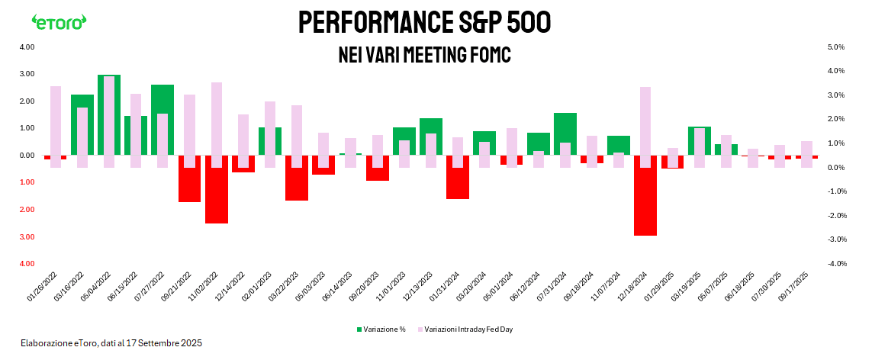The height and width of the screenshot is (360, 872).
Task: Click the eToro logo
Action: (59, 22)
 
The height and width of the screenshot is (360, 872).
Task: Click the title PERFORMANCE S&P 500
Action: (424, 23)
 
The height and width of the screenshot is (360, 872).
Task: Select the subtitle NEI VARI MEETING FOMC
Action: (424, 56)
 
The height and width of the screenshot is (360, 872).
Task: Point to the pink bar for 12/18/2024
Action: (645, 127)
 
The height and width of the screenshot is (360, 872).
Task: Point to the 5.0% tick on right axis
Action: (835, 47)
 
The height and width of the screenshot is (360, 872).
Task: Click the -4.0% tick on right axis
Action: (835, 264)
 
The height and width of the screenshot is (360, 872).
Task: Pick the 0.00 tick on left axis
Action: (27, 156)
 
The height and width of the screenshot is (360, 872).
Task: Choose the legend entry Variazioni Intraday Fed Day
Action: (473, 329)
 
